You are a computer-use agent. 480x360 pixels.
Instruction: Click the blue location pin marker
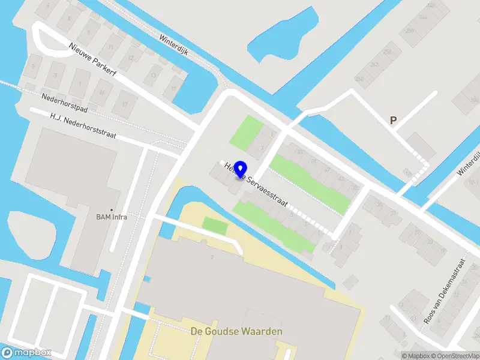click(x=241, y=170)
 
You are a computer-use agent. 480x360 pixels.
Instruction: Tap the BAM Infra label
click(x=112, y=217)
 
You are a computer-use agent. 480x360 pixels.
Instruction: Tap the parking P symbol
click(x=394, y=121)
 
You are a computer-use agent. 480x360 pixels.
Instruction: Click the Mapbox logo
click(x=26, y=353)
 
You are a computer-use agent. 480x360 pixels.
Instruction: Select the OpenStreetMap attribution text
click(x=455, y=356)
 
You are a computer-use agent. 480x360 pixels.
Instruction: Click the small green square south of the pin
click(x=215, y=226)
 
